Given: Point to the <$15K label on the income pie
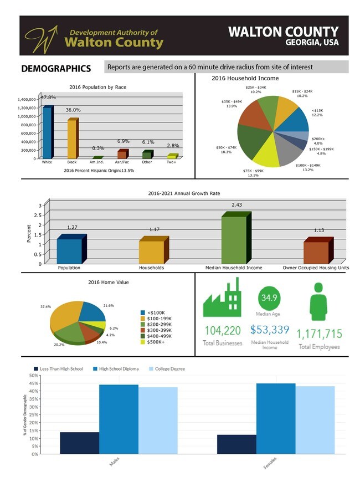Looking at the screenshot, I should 317,112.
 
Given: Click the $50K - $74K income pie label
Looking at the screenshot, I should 226,150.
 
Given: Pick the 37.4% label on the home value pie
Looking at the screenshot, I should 45,306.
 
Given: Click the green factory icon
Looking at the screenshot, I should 223,299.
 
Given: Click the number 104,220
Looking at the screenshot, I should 223,331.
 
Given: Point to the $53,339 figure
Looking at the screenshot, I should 270,330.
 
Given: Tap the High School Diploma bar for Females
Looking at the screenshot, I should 275,418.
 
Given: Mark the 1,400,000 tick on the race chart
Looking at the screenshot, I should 27,100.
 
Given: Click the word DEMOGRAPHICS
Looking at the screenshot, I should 55,69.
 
